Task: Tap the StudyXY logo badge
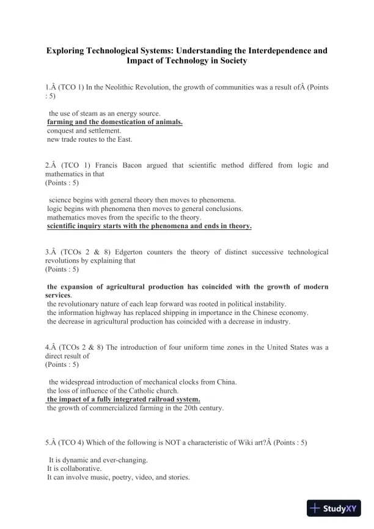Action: click(334, 508)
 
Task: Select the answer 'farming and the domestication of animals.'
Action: click(115, 122)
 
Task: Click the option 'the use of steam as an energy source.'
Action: click(105, 113)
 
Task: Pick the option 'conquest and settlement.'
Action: click(84, 131)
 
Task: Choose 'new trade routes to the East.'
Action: click(90, 139)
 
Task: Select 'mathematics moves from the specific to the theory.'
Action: click(124, 217)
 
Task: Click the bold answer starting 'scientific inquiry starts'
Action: click(149, 226)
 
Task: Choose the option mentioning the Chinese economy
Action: click(178, 313)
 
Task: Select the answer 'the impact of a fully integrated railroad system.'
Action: click(123, 399)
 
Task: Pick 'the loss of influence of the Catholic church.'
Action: click(113, 391)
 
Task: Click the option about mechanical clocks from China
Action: click(143, 382)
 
